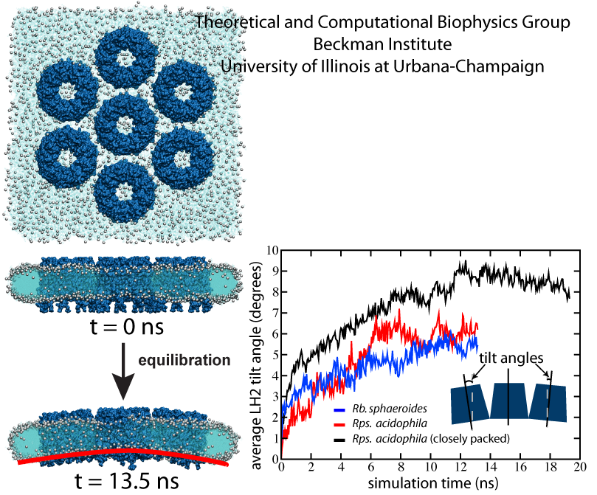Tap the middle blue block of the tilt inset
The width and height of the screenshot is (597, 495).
509,404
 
